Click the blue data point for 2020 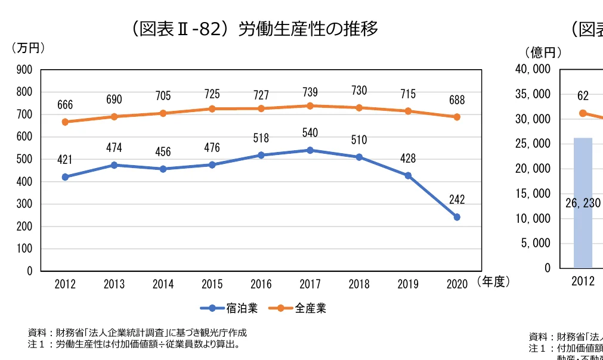coord(457,217)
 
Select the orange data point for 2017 coord(310,105)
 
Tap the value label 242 coord(457,200)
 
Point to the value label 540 coord(310,132)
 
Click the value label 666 coord(65,105)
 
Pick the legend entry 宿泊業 coord(230,308)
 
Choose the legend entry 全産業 coord(298,308)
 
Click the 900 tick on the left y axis coord(24,70)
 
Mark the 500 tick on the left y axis coord(24,159)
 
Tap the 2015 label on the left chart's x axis coord(212,284)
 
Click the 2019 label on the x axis coord(408,284)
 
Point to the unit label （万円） coord(28,48)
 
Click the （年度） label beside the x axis coord(493,283)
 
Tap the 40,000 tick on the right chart coord(532,69)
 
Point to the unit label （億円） coord(543,52)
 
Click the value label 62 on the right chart coord(583,95)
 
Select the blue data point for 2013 coord(114,165)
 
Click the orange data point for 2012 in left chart coord(65,122)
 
